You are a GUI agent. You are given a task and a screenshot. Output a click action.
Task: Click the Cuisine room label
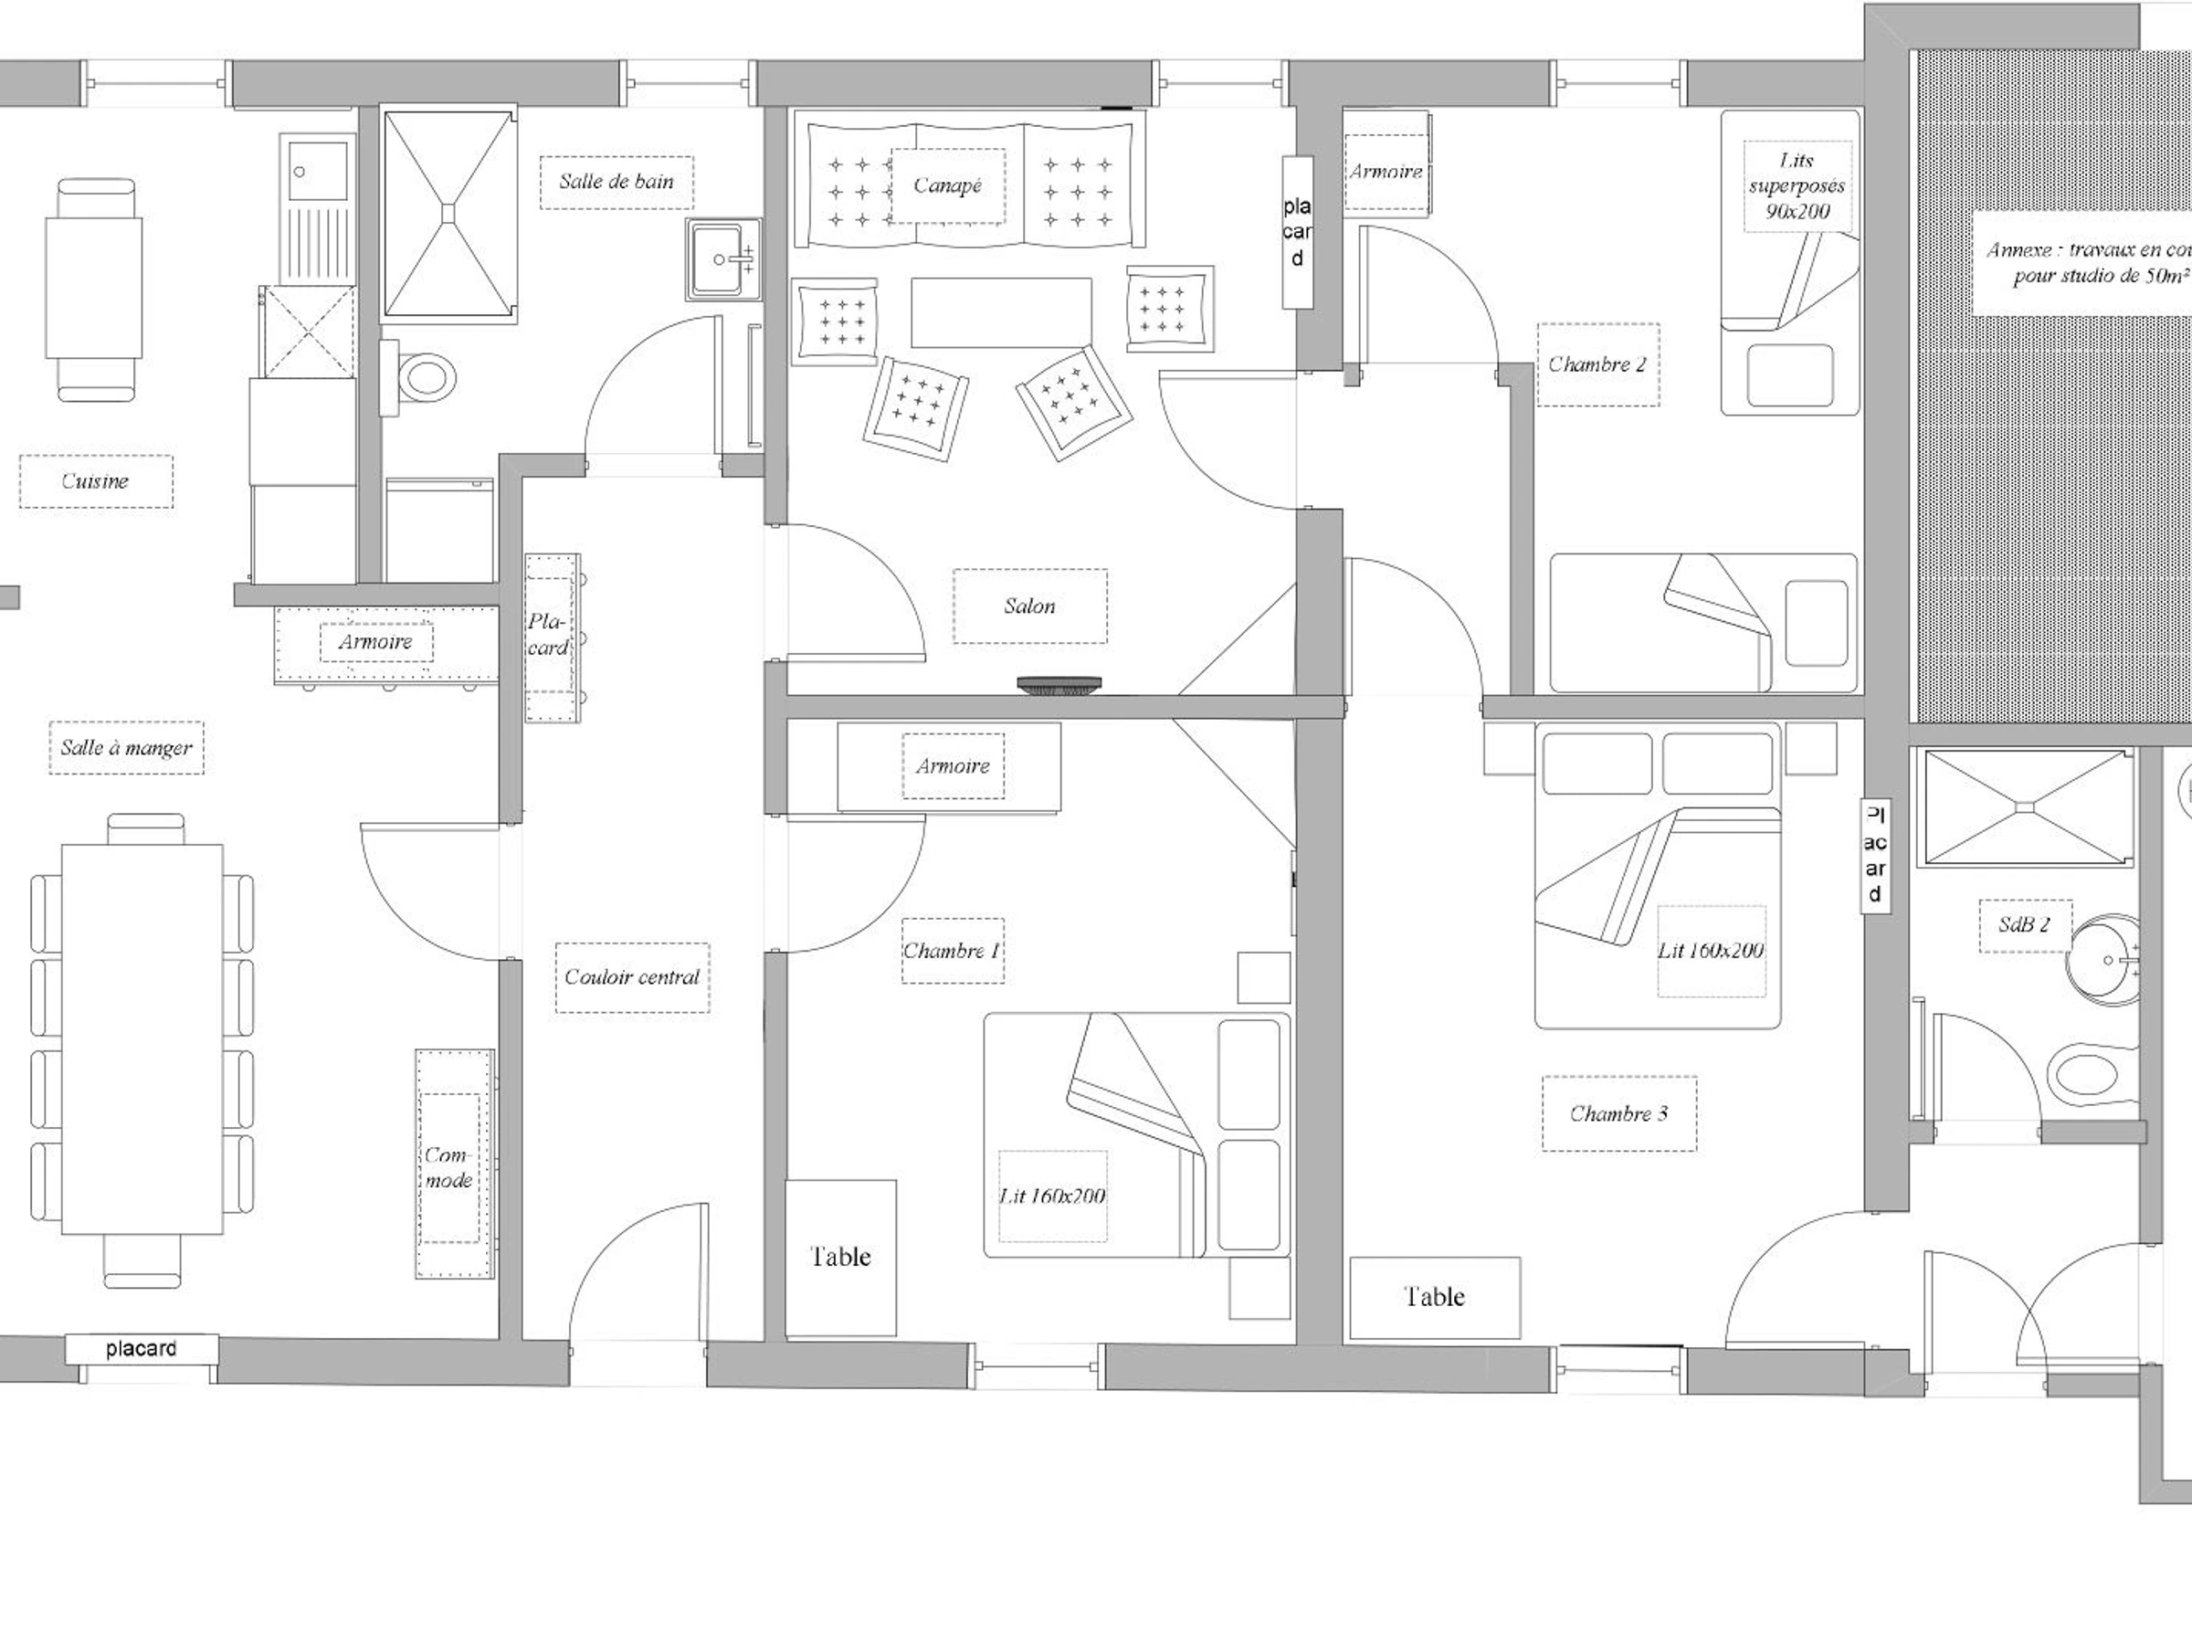click(95, 481)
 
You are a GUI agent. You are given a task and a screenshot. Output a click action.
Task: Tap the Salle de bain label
click(616, 182)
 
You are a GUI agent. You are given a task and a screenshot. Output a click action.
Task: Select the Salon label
click(1029, 606)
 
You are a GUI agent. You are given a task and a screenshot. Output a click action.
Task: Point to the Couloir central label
click(632, 977)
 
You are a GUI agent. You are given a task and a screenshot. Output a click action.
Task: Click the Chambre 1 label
click(952, 951)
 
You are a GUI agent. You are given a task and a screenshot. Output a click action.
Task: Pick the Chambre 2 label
click(1597, 364)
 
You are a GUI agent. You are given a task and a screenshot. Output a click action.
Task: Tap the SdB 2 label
click(2024, 924)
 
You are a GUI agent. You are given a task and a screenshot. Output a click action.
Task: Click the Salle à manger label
click(127, 747)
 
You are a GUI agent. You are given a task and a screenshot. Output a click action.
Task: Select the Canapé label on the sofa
click(947, 185)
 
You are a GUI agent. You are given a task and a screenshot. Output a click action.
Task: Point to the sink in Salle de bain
click(723, 259)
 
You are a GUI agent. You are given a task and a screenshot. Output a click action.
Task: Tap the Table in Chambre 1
click(840, 1257)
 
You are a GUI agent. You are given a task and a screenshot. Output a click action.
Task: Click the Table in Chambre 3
click(1434, 1297)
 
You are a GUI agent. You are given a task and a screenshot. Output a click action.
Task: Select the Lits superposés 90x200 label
click(1797, 185)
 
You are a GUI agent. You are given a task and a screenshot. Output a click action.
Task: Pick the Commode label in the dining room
click(449, 1167)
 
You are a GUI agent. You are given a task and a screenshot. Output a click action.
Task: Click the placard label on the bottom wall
click(141, 1349)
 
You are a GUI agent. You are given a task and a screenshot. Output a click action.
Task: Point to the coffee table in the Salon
click(1001, 312)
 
